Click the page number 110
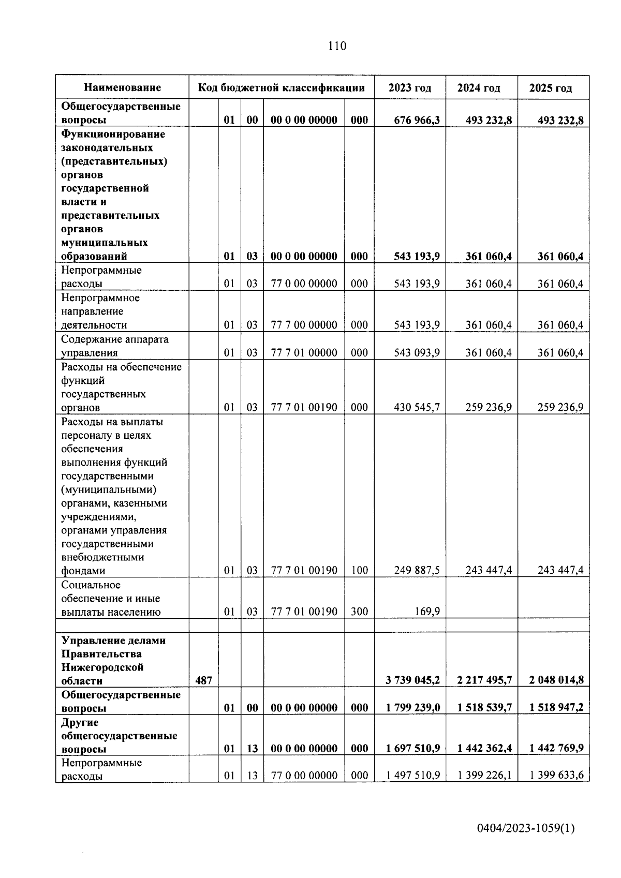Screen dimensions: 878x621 tap(337, 46)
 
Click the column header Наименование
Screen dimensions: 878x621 tap(123, 87)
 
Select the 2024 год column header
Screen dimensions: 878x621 tap(479, 88)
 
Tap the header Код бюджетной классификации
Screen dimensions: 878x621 tap(281, 87)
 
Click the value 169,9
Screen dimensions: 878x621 tap(427, 612)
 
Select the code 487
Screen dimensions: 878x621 tap(203, 680)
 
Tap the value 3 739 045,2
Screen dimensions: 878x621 tap(412, 680)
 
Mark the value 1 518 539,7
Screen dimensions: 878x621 tap(484, 708)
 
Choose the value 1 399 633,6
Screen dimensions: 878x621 tap(556, 776)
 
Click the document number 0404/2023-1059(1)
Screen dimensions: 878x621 tap(526, 828)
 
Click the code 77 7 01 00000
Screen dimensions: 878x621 tap(304, 353)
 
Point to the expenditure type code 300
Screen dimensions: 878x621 tap(359, 612)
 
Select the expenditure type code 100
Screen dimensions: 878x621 tap(359, 571)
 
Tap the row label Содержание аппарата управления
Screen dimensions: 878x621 tap(115, 346)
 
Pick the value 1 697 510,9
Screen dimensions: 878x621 tap(412, 749)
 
